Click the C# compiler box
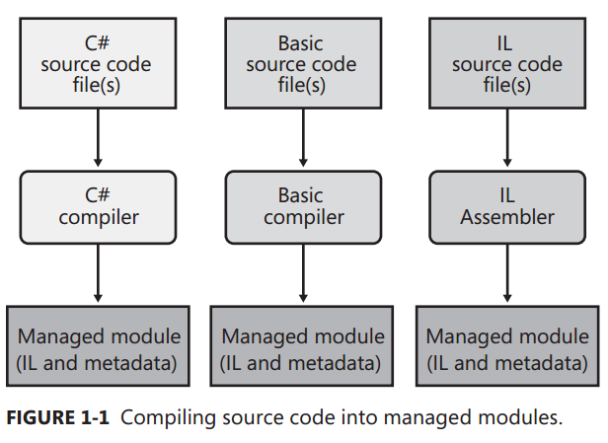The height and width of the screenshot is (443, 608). coord(97,205)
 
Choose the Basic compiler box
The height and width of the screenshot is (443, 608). coord(302,205)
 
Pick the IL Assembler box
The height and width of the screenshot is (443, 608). coord(506,205)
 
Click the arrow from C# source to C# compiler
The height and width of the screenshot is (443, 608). coord(97,139)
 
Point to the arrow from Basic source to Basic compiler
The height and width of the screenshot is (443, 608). coord(302,139)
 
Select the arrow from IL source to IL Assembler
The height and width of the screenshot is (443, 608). coord(506,139)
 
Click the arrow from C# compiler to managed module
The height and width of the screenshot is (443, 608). coord(97,274)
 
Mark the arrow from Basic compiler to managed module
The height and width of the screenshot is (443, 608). coord(302,274)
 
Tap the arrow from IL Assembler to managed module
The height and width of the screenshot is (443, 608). coord(506,274)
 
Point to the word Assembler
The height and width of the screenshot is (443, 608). coord(506,216)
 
